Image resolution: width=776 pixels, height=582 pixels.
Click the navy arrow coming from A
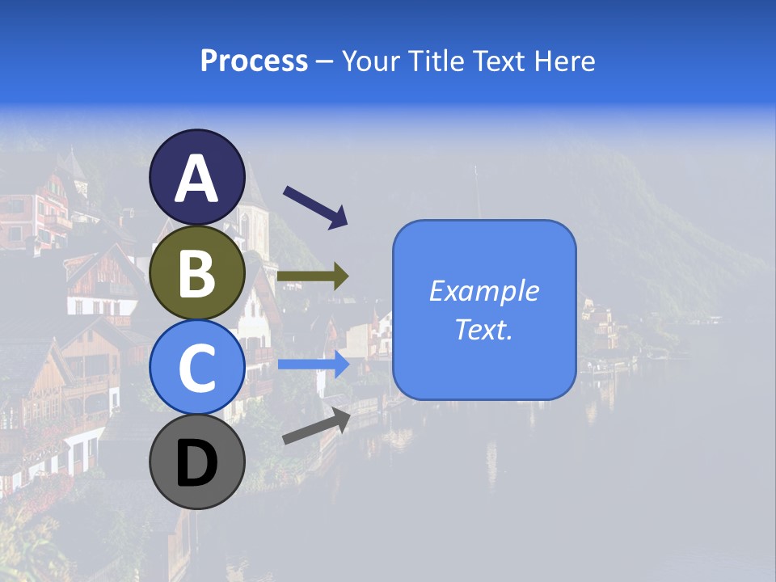[315, 206]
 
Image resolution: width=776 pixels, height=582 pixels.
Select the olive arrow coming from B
[313, 276]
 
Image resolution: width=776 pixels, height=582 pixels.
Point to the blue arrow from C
[314, 365]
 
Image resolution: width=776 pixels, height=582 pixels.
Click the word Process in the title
[254, 61]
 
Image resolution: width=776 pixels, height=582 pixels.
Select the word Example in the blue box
[483, 291]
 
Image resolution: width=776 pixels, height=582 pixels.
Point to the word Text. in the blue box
[483, 329]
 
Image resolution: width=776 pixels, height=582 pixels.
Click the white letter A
[196, 179]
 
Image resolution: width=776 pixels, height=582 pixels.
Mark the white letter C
[196, 368]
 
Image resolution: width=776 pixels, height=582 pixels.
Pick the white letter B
[196, 273]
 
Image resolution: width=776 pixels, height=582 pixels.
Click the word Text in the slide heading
[496, 61]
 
